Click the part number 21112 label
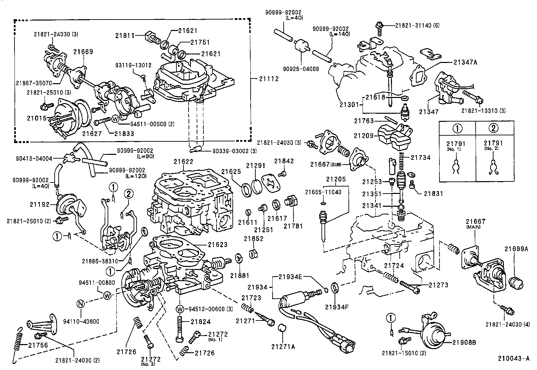pos(269,79)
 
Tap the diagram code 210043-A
pos(514,358)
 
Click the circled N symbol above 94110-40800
pos(80,304)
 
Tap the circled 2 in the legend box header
pos(493,129)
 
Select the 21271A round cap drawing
pos(282,329)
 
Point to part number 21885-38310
pos(100,261)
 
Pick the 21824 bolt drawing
pos(179,328)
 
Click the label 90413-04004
pos(34,158)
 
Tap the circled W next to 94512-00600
pos(180,309)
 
